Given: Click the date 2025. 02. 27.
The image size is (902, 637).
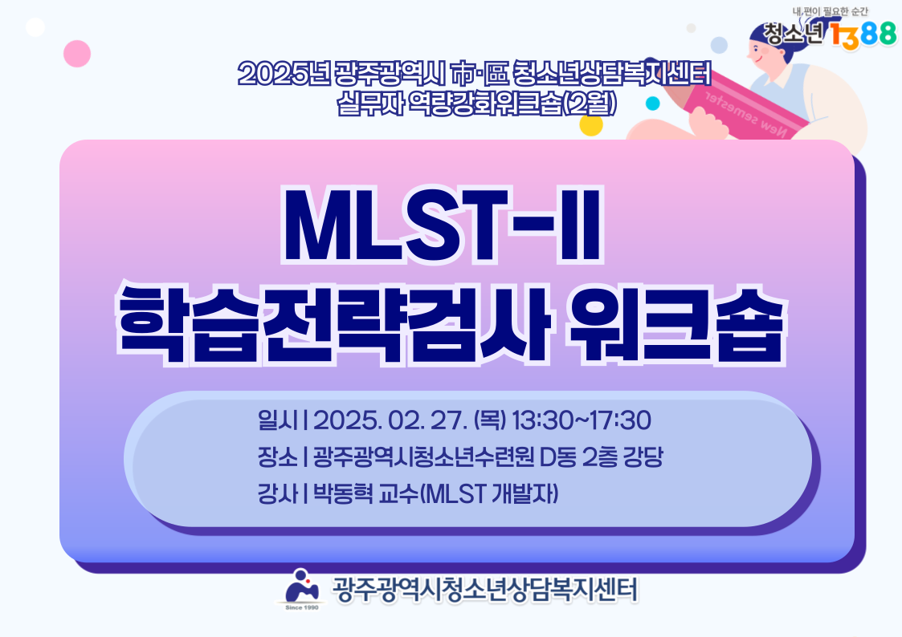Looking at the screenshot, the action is pyautogui.click(x=390, y=420).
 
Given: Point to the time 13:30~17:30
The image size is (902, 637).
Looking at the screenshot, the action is pyautogui.click(x=581, y=420).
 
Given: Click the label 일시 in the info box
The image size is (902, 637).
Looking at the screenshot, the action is pyautogui.click(x=278, y=420).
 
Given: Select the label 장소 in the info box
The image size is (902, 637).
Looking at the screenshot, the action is pyautogui.click(x=278, y=457).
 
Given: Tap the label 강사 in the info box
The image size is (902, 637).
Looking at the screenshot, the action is pyautogui.click(x=278, y=493).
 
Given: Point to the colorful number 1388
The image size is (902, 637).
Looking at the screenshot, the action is pyautogui.click(x=863, y=34).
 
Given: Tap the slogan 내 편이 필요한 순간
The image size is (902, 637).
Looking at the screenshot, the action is pyautogui.click(x=831, y=11).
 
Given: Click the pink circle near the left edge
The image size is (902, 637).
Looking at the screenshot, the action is pyautogui.click(x=77, y=54).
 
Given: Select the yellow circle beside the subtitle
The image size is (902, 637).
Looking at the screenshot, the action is pyautogui.click(x=591, y=124).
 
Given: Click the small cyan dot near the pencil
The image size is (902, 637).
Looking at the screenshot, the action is pyautogui.click(x=653, y=103).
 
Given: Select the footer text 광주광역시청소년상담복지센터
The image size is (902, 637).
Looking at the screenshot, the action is pyautogui.click(x=485, y=590).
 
